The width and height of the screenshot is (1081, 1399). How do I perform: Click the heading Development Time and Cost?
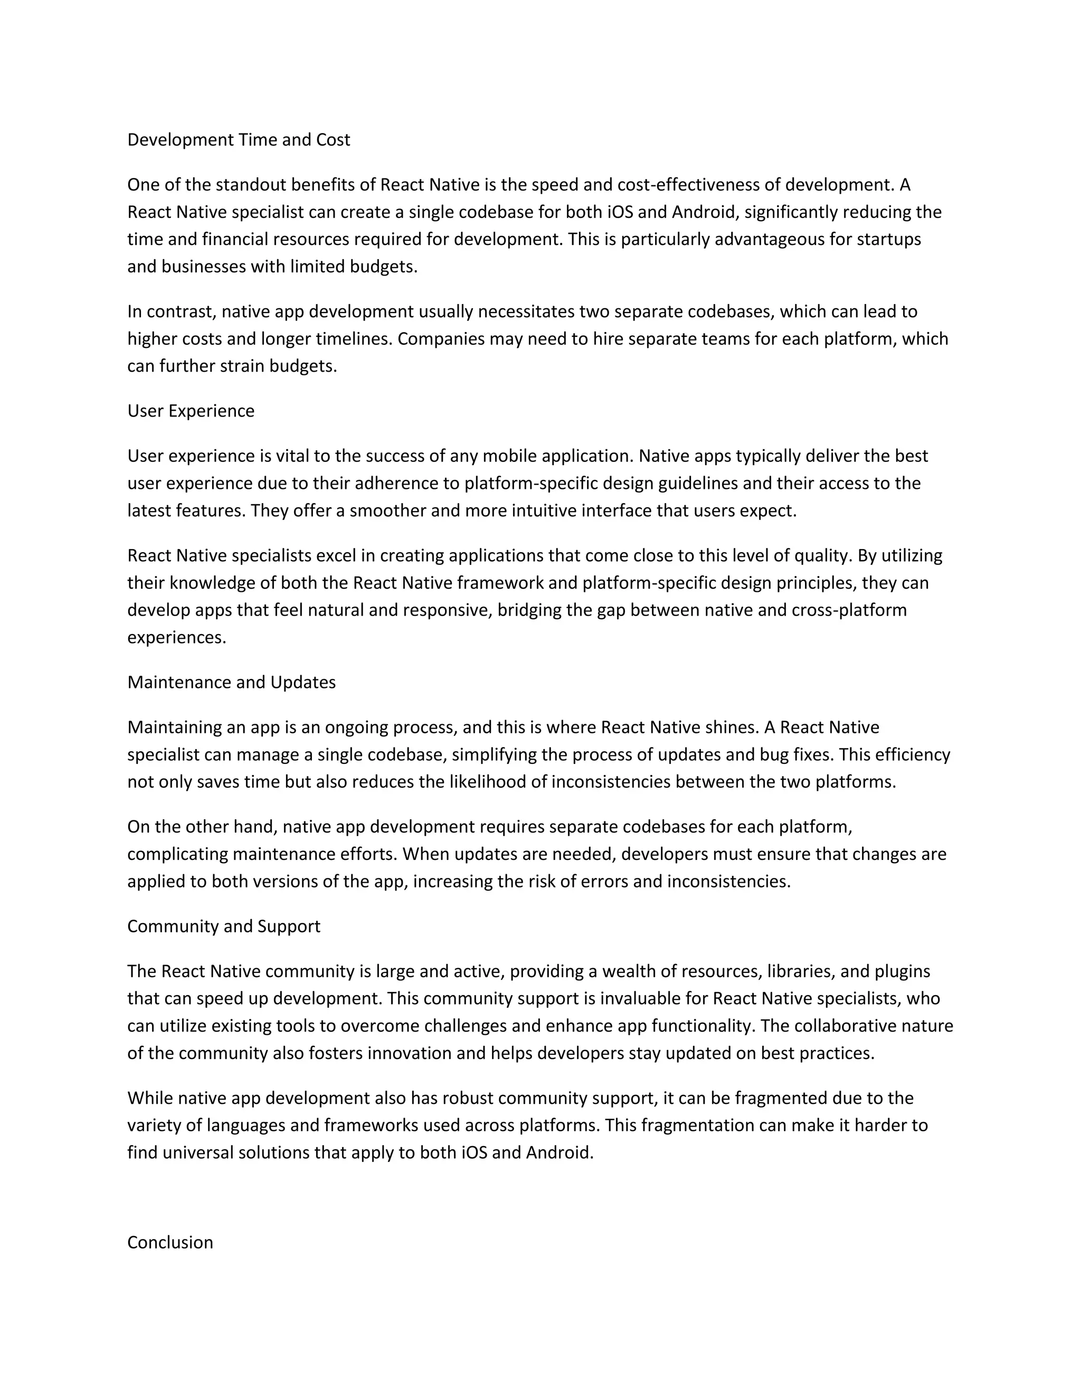[x=238, y=140]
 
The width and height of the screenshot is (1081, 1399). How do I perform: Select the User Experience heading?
[x=191, y=411]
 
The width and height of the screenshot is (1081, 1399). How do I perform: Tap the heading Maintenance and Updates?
[x=231, y=682]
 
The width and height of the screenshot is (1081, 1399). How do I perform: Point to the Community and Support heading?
[x=223, y=927]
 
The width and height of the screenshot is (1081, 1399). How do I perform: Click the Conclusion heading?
[x=170, y=1242]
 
